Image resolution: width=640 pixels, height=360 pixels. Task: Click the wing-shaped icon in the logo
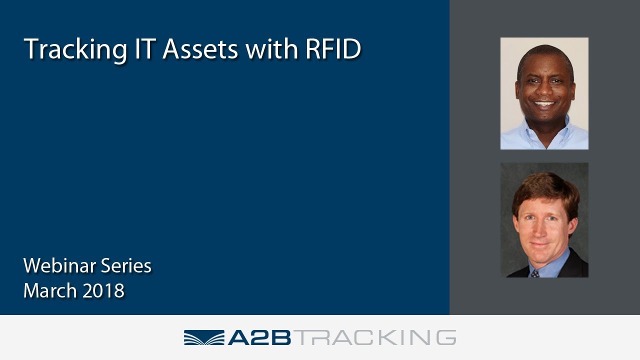tap(203, 337)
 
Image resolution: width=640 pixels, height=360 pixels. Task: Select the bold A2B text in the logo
tap(259, 337)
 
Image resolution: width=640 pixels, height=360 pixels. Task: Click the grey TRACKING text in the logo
tap(374, 337)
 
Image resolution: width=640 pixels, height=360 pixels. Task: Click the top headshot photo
tap(544, 93)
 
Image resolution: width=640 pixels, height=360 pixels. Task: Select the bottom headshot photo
tap(544, 220)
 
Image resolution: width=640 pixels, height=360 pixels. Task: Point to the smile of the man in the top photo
tap(544, 105)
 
